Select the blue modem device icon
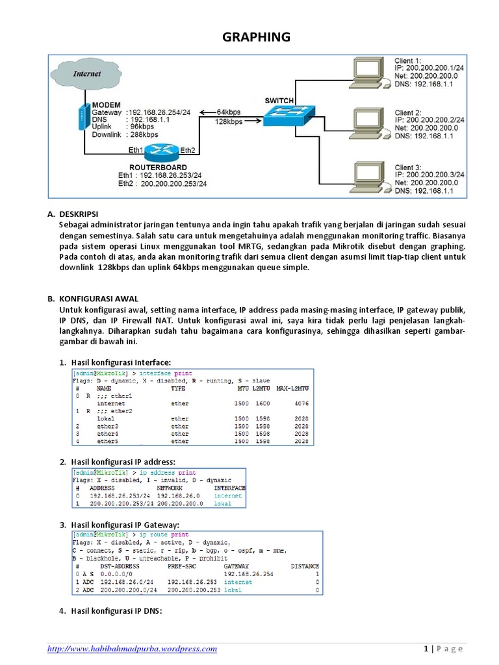pyautogui.click(x=82, y=117)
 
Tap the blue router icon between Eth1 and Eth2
pyautogui.click(x=161, y=152)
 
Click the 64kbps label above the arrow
pyautogui.click(x=230, y=112)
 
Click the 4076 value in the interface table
pyautogui.click(x=300, y=403)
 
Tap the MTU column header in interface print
pyautogui.click(x=240, y=388)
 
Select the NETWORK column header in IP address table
pyautogui.click(x=170, y=488)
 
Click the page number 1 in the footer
pyautogui.click(x=424, y=648)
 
